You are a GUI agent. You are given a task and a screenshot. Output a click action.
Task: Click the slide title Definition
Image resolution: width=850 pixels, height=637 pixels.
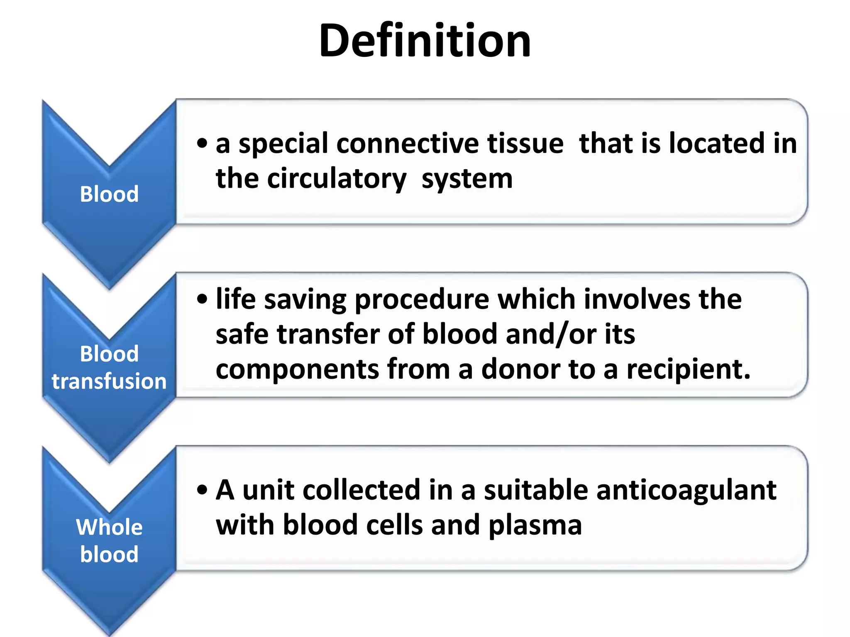425,41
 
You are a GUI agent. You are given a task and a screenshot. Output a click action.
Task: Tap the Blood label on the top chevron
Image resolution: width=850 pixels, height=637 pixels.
109,194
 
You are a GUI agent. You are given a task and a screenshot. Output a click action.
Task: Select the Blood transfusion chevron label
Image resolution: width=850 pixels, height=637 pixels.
109,367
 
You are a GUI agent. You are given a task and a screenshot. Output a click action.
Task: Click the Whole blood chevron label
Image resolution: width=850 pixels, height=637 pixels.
109,540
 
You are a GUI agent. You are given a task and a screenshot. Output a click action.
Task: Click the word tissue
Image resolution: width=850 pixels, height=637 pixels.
525,143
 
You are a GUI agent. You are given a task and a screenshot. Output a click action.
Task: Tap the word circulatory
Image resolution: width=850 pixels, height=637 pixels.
337,179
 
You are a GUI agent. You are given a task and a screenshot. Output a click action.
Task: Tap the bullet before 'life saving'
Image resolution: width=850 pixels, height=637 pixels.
202,299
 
